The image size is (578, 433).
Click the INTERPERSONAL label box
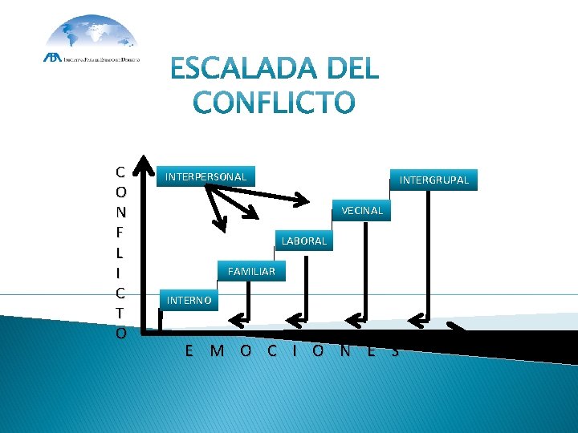coord(206,176)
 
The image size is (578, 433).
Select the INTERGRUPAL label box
coord(433,180)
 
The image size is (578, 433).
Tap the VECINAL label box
coord(362,210)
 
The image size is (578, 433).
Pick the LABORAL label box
coord(304,241)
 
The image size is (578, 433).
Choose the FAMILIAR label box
coord(251,272)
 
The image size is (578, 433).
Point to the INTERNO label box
coord(189,301)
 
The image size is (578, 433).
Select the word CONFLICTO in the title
coord(274,103)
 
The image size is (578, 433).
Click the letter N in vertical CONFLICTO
coord(120,212)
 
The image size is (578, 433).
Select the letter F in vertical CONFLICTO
coord(120,232)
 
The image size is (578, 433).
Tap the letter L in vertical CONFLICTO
coord(120,252)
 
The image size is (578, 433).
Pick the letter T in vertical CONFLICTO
coord(120,312)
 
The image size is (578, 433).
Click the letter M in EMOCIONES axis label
coord(216,350)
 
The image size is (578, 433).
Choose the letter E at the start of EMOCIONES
coord(189,350)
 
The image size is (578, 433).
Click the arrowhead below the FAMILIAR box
coord(238,322)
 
